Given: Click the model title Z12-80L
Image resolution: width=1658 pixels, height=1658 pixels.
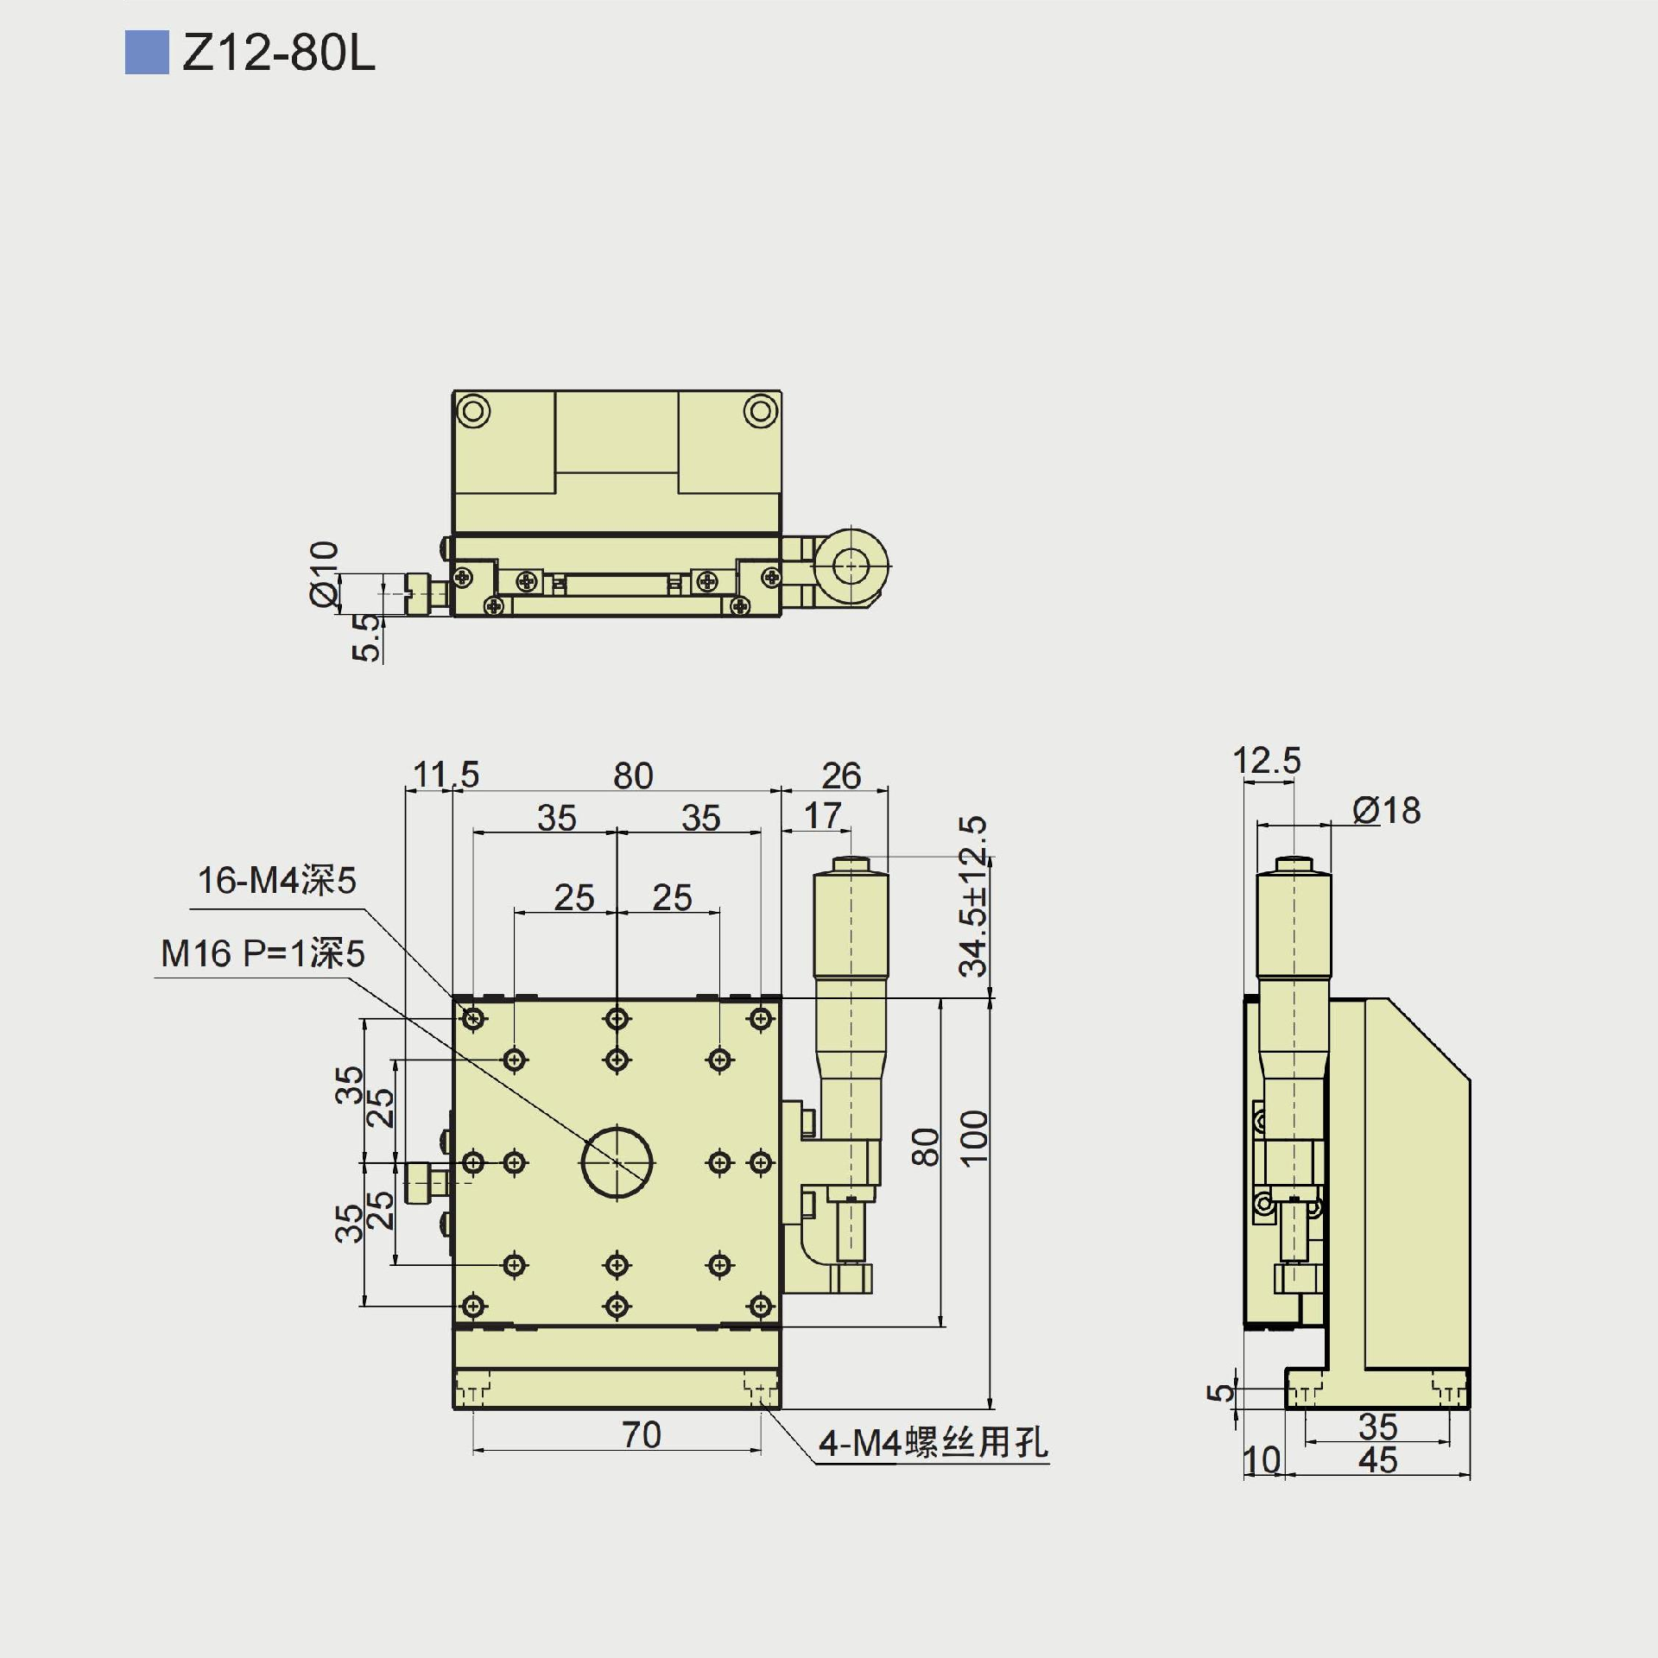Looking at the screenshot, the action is (x=278, y=54).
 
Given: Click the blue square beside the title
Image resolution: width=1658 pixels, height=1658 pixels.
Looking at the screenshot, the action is (x=147, y=53).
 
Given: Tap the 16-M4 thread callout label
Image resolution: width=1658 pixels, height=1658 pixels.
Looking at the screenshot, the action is (x=277, y=881).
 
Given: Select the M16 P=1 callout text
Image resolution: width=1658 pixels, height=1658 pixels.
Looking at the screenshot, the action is (x=263, y=953).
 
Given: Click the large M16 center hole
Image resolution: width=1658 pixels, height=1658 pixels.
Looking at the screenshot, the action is (x=617, y=1162).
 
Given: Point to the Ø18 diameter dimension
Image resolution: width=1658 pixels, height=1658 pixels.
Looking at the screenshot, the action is (x=1386, y=811).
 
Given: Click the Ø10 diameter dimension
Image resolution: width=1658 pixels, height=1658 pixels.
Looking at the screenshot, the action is (x=325, y=573).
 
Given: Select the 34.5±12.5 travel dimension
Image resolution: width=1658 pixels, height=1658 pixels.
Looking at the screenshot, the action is (x=973, y=896).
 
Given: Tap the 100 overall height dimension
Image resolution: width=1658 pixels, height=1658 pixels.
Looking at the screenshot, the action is (x=973, y=1139).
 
